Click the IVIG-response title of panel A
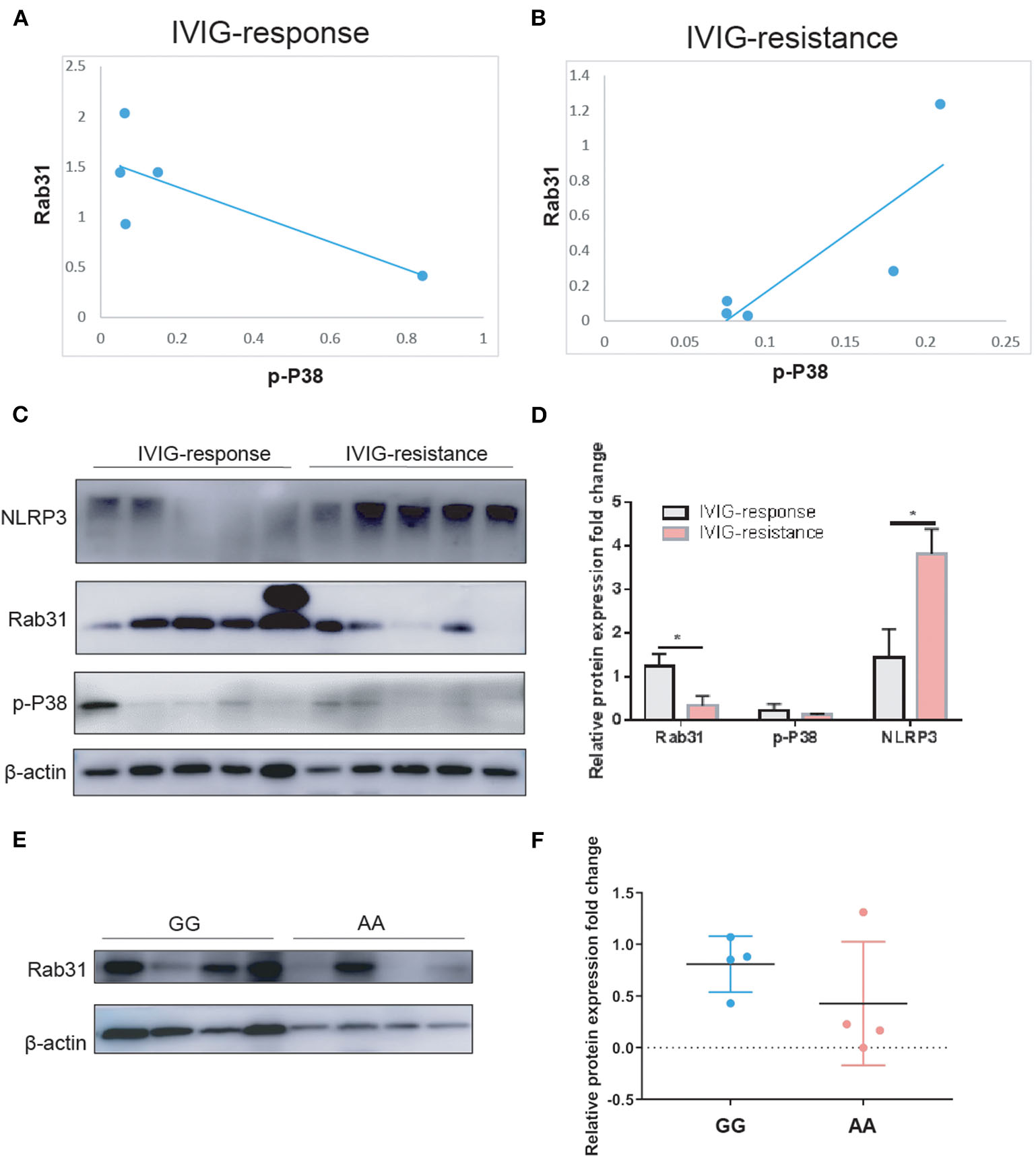(269, 33)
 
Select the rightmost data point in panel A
(422, 276)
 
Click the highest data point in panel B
(940, 104)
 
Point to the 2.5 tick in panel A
(75, 66)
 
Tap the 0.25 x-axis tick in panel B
(1005, 342)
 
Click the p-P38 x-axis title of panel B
(800, 371)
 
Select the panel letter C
(20, 414)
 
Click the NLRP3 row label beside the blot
(34, 518)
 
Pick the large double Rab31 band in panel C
(285, 608)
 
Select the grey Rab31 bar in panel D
(659, 692)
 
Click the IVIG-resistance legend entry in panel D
(761, 533)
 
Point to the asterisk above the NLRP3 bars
(913, 514)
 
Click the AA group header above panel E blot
(371, 923)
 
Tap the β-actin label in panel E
(55, 1042)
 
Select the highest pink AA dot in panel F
(863, 912)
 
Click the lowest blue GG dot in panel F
(730, 1003)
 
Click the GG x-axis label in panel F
(730, 1125)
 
